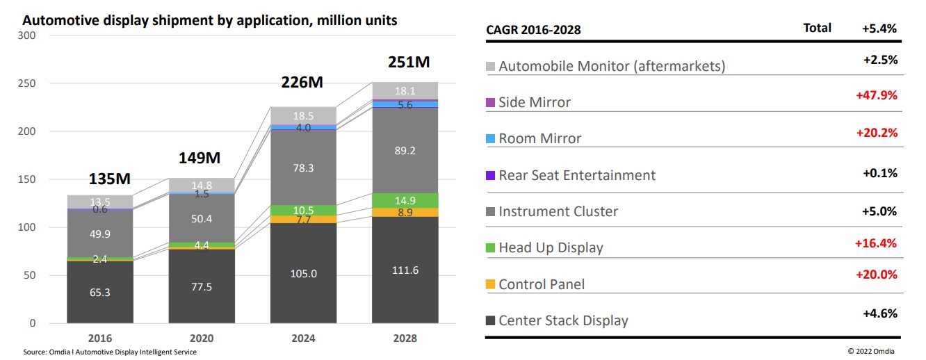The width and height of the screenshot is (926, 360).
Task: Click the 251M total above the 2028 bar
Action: tap(408, 63)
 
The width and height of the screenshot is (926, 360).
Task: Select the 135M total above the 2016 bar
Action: tap(110, 179)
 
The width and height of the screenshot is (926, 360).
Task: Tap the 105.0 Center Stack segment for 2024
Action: tap(304, 274)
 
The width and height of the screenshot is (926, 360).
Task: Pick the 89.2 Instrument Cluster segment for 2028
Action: tap(405, 149)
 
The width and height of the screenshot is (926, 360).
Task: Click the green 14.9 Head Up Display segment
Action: tap(405, 200)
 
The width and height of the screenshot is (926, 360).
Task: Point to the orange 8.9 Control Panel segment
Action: tap(405, 212)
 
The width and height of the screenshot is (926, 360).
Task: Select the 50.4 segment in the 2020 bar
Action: tap(202, 220)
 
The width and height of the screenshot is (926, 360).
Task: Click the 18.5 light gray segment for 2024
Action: tap(304, 115)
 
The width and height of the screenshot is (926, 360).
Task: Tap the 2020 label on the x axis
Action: tap(202, 338)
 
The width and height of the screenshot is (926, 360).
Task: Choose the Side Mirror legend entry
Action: tap(535, 102)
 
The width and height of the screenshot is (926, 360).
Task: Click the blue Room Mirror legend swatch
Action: tap(490, 138)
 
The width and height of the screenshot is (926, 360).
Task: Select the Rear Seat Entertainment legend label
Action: tap(577, 175)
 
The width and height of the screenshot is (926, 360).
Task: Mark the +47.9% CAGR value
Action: tap(877, 96)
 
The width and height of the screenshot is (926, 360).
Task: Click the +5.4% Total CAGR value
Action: tap(879, 28)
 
